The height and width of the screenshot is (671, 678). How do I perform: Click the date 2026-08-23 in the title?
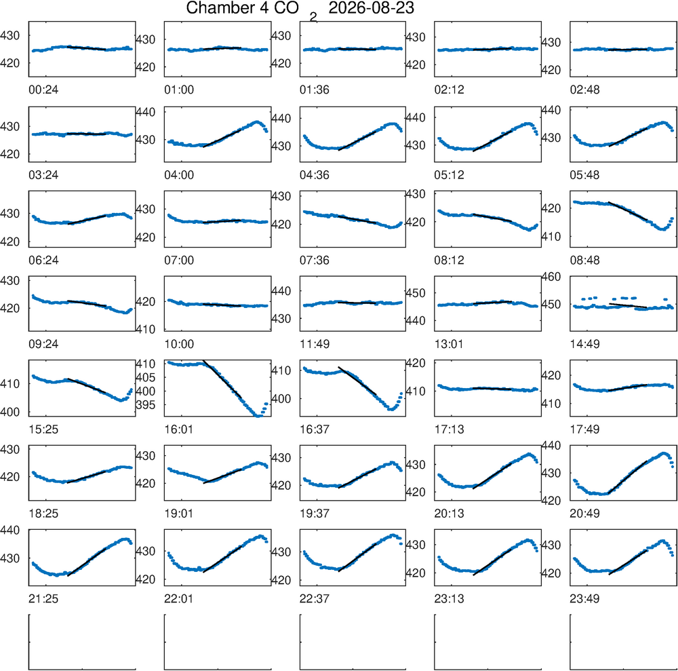click(x=371, y=7)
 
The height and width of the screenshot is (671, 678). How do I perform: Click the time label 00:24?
click(x=43, y=90)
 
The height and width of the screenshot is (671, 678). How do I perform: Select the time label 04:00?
click(x=179, y=175)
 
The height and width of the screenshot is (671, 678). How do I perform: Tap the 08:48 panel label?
click(x=584, y=260)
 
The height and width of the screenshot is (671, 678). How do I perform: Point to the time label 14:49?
click(x=584, y=344)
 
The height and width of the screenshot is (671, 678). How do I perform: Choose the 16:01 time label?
click(x=179, y=429)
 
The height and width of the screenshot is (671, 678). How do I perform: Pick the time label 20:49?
click(x=584, y=514)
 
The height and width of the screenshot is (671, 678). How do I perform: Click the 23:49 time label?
click(x=584, y=599)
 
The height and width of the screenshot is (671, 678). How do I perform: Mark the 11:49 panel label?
click(x=315, y=344)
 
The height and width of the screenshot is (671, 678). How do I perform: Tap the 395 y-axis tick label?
click(x=145, y=405)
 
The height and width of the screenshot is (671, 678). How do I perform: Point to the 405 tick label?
click(x=145, y=377)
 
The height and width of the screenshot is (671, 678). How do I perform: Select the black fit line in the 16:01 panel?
click(x=222, y=379)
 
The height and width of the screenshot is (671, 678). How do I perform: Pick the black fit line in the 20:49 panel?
click(x=628, y=477)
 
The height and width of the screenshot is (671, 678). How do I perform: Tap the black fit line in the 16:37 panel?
click(x=357, y=381)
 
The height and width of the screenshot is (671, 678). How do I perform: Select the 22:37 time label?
click(x=315, y=599)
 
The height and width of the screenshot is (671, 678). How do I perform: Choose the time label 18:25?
click(x=43, y=514)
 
